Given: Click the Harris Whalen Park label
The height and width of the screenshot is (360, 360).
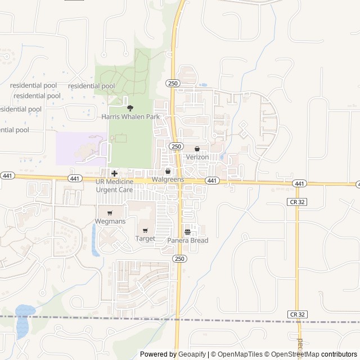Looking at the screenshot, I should click(130, 117).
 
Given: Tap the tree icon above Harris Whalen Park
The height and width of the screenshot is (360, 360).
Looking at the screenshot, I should click(130, 107).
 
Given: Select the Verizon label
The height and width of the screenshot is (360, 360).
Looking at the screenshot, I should click(197, 157).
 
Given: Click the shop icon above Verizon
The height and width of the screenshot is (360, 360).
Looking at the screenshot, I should click(197, 148).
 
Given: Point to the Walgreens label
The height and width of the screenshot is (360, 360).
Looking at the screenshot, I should click(168, 179).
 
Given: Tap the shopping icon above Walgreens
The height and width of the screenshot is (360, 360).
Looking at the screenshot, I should click(168, 171).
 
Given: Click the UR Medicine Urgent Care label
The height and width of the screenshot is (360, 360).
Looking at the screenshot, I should click(114, 186).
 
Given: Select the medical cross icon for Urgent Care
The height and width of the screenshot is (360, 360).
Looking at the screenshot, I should click(114, 173).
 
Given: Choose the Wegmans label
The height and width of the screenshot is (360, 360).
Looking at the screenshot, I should click(109, 222).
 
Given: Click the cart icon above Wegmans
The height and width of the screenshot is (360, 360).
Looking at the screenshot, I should click(109, 213).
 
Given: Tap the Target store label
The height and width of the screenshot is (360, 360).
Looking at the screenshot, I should click(145, 238).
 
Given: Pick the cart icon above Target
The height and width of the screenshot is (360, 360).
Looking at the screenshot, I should click(145, 230).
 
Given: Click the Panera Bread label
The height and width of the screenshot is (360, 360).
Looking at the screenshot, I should click(188, 241).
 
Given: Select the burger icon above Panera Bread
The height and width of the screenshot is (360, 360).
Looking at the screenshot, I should click(188, 232).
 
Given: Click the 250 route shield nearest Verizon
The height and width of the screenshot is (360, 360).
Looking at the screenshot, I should click(177, 146).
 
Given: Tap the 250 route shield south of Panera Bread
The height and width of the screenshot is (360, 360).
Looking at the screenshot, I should click(179, 259).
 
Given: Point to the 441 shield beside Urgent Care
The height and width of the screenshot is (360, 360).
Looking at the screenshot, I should click(74, 178).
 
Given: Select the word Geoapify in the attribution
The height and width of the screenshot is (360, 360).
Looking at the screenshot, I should click(192, 354).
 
